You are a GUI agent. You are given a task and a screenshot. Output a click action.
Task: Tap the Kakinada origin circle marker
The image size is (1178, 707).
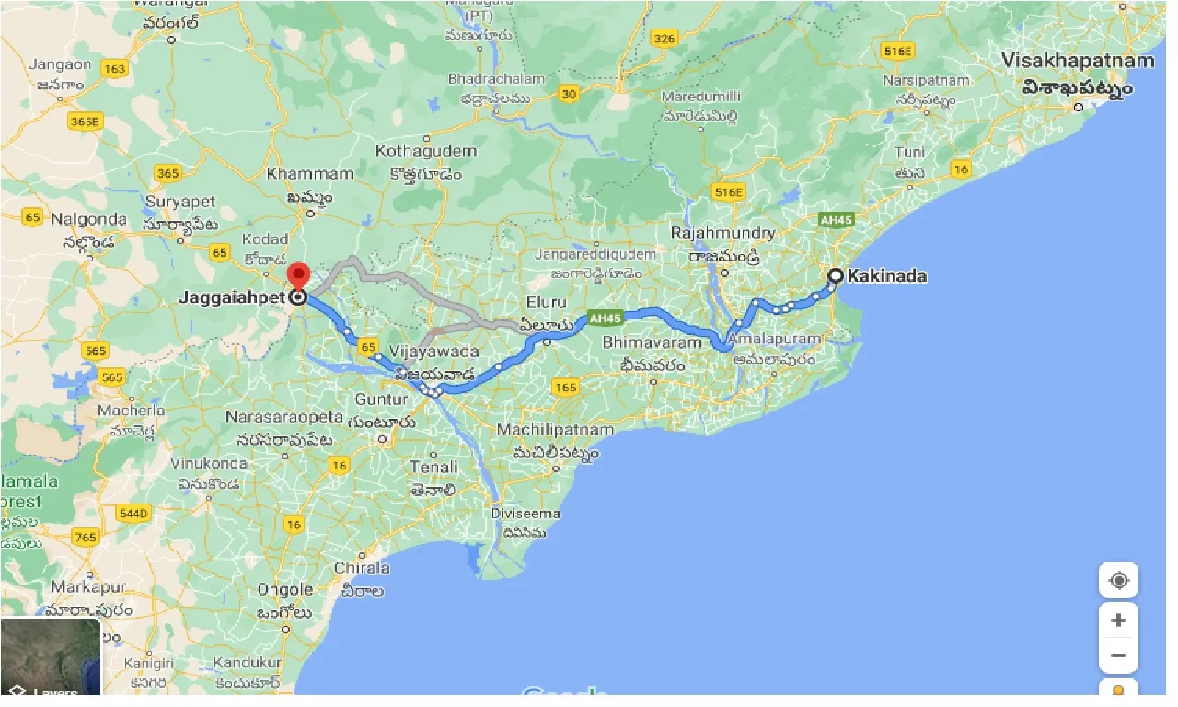835,275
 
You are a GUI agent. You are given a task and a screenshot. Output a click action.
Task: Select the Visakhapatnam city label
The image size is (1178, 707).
1077,62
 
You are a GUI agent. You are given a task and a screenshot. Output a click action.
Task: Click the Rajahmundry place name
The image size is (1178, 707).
722,233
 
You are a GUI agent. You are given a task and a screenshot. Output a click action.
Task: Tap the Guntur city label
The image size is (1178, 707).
381,400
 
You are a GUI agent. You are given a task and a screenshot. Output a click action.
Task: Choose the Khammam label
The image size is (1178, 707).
310,174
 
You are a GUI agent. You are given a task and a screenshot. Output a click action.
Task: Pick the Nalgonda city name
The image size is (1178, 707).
88,220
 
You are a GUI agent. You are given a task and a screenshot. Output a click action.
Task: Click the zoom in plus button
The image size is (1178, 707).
1118,620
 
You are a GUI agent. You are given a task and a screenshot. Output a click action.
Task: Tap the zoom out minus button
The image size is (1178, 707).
1118,655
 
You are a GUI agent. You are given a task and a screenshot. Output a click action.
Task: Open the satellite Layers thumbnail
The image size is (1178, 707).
50,656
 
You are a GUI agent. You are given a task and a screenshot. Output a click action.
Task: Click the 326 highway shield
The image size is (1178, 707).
663,38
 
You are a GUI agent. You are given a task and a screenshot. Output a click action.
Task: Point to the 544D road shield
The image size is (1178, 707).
134,512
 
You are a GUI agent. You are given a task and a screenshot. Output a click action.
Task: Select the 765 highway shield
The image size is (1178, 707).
86,537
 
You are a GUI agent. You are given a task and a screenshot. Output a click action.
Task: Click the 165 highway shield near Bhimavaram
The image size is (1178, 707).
565,388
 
